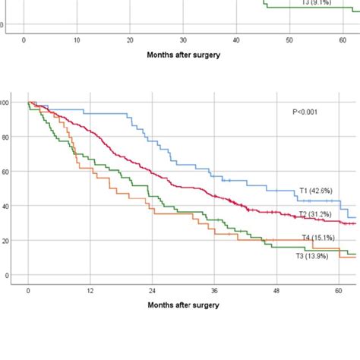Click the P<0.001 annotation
(x=306, y=112)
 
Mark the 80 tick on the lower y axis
(x=7, y=137)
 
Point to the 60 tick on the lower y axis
(x=7, y=172)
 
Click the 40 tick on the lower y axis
(x=7, y=206)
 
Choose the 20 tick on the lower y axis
(x=7, y=241)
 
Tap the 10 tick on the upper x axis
(x=77, y=39)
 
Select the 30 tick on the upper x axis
(x=184, y=39)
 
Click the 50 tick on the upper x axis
(x=290, y=39)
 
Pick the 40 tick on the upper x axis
(x=237, y=39)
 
